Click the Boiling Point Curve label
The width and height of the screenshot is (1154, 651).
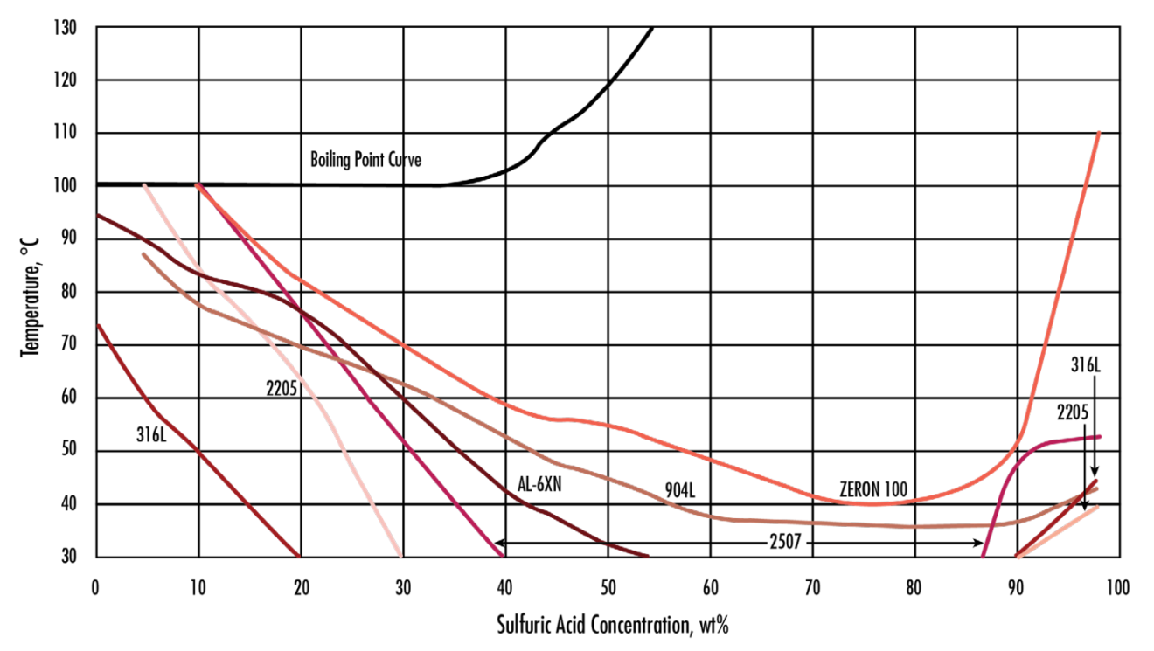pos(365,160)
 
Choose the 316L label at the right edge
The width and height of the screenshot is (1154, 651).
pos(1084,365)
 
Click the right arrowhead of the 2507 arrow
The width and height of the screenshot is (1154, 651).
pos(980,543)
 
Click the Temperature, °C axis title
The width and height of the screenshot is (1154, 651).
pos(30,293)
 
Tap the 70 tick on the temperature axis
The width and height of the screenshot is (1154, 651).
pos(69,345)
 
